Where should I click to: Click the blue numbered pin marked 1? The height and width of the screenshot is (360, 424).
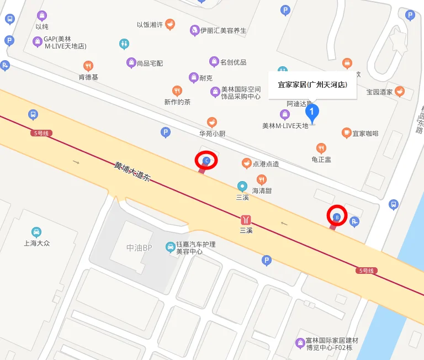pyautogui.click(x=312, y=114)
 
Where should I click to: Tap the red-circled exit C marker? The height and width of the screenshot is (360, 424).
pyautogui.click(x=206, y=161)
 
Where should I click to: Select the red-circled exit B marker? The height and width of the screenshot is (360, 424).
pyautogui.click(x=337, y=216)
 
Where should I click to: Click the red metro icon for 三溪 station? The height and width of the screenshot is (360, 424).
pyautogui.click(x=246, y=220)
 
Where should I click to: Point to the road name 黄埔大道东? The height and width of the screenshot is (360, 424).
pyautogui.click(x=132, y=172)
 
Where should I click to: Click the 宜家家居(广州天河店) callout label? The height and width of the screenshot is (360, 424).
pyautogui.click(x=312, y=85)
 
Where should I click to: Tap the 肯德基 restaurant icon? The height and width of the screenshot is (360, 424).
pyautogui.click(x=88, y=66)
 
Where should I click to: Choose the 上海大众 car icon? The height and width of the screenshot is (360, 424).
pyautogui.click(x=36, y=232)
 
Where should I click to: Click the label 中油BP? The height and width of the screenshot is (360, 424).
pyautogui.click(x=139, y=248)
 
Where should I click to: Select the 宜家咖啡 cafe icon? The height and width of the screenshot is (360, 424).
pyautogui.click(x=346, y=133)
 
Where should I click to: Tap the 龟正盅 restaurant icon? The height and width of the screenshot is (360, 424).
pyautogui.click(x=321, y=148)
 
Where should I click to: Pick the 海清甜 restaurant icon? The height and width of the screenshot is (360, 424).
pyautogui.click(x=261, y=179)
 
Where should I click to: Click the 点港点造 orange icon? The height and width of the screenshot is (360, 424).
pyautogui.click(x=246, y=163)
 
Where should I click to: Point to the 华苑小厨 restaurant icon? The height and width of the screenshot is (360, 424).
pyautogui.click(x=212, y=122)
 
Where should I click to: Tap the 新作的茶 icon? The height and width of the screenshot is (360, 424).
pyautogui.click(x=177, y=91)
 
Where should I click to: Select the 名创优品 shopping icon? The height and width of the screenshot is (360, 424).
pyautogui.click(x=214, y=62)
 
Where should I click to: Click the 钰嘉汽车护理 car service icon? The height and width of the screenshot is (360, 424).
pyautogui.click(x=170, y=247)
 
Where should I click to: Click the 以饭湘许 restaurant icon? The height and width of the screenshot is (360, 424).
pyautogui.click(x=170, y=24)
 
